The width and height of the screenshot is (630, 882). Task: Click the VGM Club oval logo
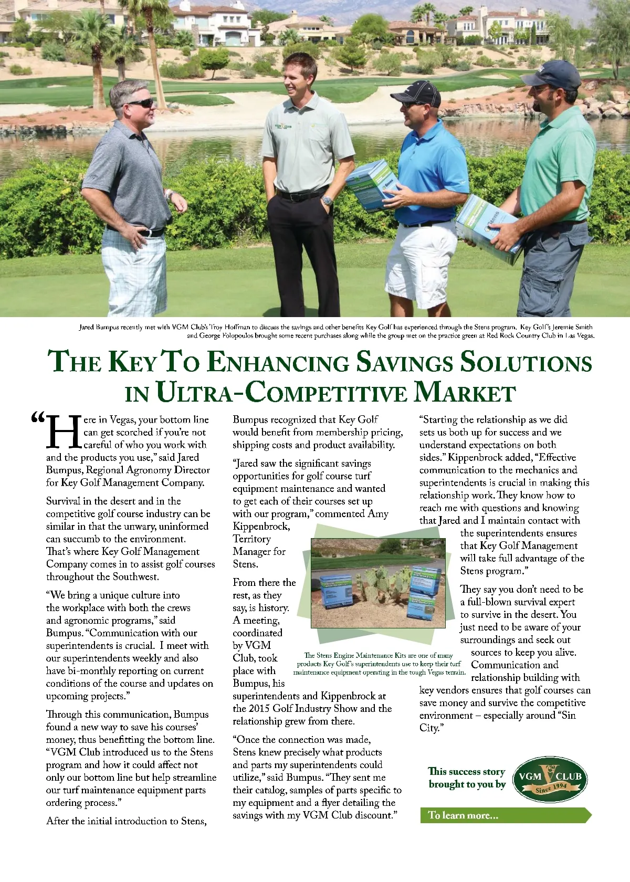(550, 779)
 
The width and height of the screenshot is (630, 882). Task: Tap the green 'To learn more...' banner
(505, 815)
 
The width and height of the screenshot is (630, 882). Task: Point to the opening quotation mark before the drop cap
(38, 418)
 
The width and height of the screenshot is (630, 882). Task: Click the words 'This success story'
(466, 771)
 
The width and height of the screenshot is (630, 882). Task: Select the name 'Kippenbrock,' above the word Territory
(261, 527)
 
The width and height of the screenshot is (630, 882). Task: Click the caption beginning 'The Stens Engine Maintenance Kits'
(379, 664)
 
